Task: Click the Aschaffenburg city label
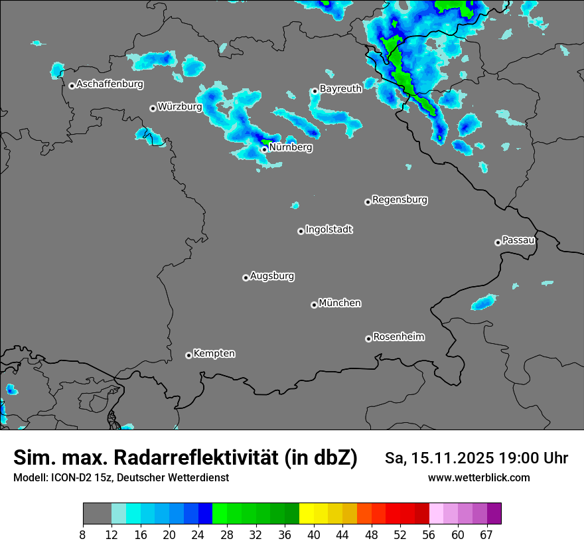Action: (x=110, y=84)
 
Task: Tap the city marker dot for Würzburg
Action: (x=153, y=108)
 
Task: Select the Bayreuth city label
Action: (x=340, y=88)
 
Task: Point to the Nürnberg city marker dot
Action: (x=264, y=149)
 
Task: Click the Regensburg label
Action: (x=400, y=199)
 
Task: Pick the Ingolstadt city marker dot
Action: (x=301, y=231)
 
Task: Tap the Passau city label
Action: (x=518, y=240)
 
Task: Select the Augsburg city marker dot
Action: (x=246, y=277)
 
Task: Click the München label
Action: (x=340, y=303)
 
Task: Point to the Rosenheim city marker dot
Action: (x=368, y=339)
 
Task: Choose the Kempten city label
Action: (x=214, y=353)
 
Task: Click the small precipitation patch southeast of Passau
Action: (x=484, y=303)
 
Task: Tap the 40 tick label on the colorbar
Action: (x=313, y=534)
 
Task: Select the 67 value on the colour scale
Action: (x=486, y=534)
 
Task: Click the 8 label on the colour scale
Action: (x=82, y=534)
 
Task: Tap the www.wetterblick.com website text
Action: (x=478, y=477)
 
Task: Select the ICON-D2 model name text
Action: (x=67, y=477)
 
